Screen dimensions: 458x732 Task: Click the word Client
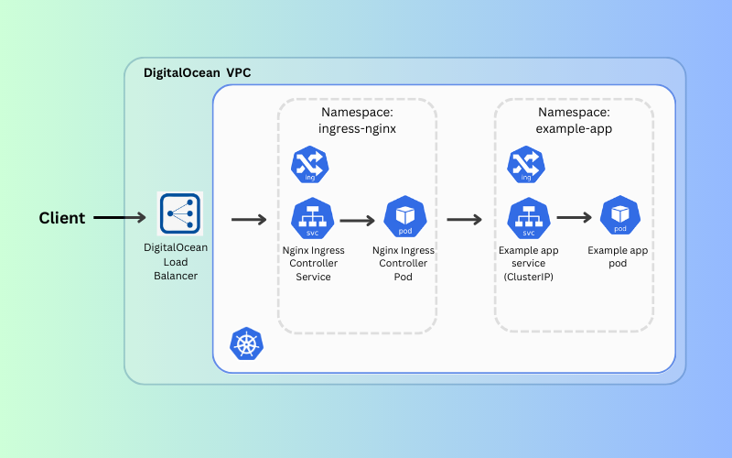[61, 218]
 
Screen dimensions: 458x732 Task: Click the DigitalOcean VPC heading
[197, 72]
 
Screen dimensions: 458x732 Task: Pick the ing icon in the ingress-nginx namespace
[309, 165]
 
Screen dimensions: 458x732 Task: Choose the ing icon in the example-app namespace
[526, 165]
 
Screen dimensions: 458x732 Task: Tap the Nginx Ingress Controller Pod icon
[403, 216]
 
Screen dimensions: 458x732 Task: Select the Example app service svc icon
[527, 218]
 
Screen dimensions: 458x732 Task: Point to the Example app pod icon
[619, 216]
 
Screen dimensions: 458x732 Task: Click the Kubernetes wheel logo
[245, 345]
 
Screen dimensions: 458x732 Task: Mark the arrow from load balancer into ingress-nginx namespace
[248, 220]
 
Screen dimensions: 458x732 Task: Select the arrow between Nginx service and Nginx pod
[358, 221]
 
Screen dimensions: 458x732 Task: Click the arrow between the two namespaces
[465, 220]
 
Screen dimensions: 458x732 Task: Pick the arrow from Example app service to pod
[575, 218]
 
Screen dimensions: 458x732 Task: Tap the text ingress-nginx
[357, 129]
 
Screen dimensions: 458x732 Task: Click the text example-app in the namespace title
[574, 129]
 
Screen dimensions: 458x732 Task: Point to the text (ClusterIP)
[528, 277]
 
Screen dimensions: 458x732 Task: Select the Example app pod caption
[618, 256]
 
